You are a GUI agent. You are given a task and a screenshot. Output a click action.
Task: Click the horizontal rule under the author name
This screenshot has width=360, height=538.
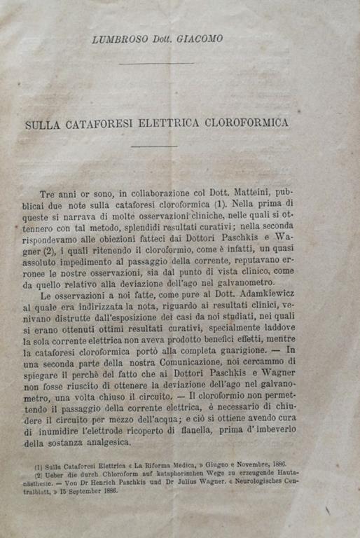coord(156,64)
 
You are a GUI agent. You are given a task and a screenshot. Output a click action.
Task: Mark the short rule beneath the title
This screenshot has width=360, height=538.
coord(155,146)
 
